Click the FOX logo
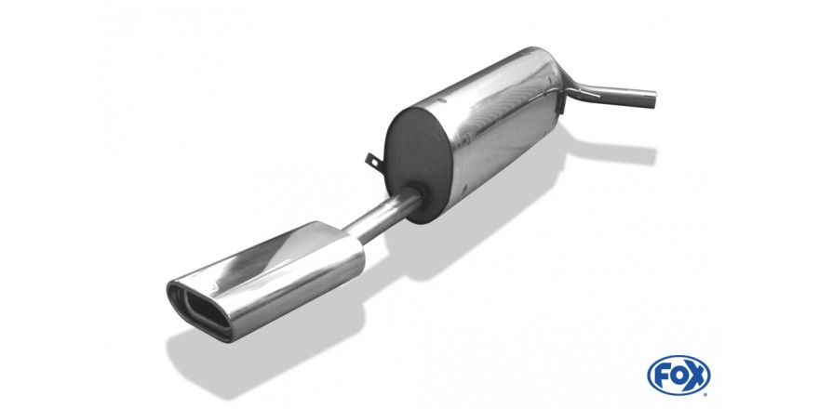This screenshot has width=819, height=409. coord(678,376)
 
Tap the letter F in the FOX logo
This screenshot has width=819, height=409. coord(661,376)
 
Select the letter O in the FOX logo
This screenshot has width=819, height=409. coord(678,376)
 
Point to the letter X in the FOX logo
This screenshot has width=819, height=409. coord(697,376)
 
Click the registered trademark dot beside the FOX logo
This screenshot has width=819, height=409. coord(707,393)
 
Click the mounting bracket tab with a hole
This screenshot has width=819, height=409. coord(373,160)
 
